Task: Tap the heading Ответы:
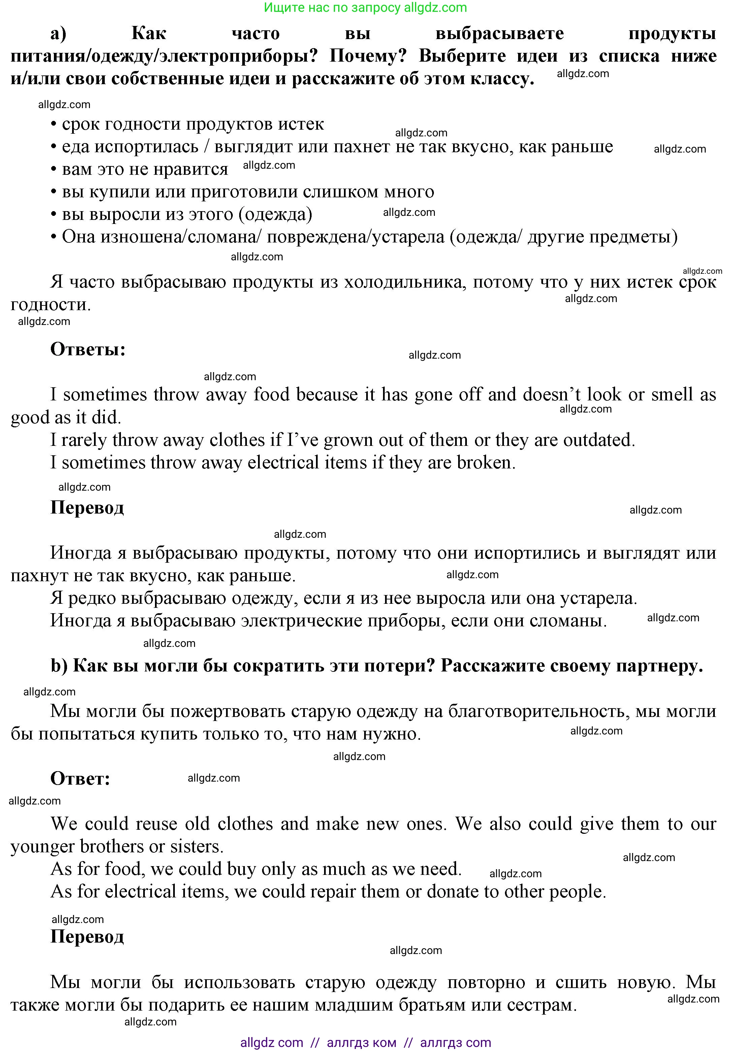88,349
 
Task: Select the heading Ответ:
80,779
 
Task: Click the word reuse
156,824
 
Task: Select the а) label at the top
58,33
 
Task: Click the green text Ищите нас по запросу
333,8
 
